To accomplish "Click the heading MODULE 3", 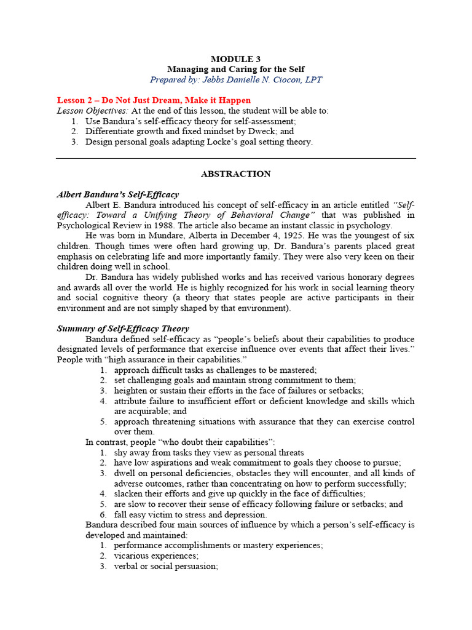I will pyautogui.click(x=235, y=59).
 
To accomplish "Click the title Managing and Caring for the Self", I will pyautogui.click(x=235, y=69).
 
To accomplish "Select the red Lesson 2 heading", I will pyautogui.click(x=154, y=100).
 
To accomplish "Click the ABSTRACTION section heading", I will pyautogui.click(x=235, y=174).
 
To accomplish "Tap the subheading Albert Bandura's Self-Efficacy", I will pyautogui.click(x=117, y=194).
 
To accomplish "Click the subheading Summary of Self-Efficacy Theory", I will pyautogui.click(x=123, y=329).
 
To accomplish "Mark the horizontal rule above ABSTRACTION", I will pyautogui.click(x=235, y=158).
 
